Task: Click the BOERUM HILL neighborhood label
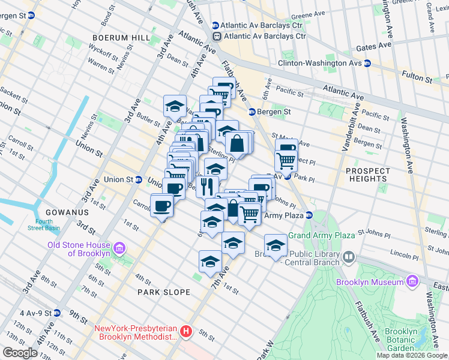click(122, 37)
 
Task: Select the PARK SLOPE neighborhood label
click(163, 292)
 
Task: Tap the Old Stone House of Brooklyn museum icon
click(119, 248)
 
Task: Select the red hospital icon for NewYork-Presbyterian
click(186, 331)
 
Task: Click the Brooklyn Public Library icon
click(349, 257)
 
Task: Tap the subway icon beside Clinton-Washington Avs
click(366, 62)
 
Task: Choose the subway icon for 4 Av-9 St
click(56, 313)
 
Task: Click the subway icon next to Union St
click(139, 179)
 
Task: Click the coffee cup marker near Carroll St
click(162, 206)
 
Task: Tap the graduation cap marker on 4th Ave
click(175, 106)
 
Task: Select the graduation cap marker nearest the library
click(276, 245)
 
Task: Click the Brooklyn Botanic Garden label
click(401, 340)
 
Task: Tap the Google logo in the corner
click(20, 353)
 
